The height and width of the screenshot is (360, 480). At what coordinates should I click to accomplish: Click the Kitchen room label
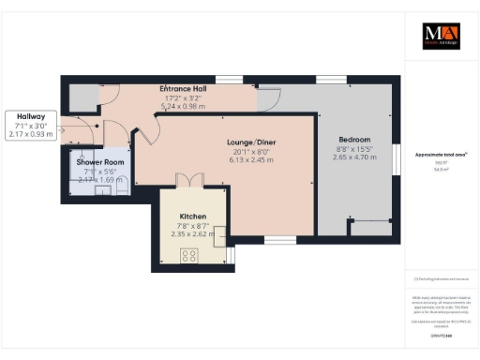(x=192, y=216)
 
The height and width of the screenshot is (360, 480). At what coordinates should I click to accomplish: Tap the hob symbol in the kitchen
(x=188, y=255)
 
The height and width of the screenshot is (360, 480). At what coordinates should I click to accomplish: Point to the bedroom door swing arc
(x=268, y=96)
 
